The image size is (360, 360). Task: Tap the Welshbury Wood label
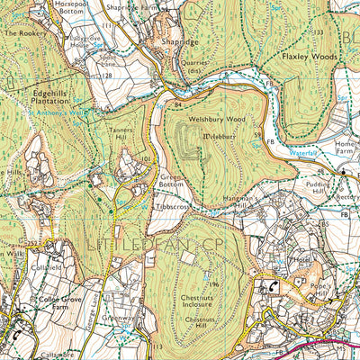218,116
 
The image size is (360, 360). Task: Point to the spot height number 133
318,32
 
